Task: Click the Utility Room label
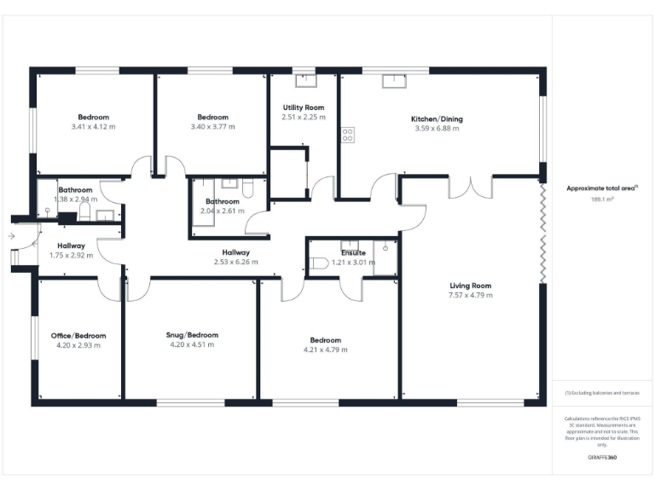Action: [304, 107]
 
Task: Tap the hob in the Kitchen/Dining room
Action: [347, 135]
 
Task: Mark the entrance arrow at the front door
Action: [10, 236]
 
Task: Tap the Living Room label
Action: [470, 286]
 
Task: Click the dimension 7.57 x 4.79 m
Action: [470, 295]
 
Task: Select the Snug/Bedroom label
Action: [192, 335]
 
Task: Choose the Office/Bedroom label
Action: [78, 335]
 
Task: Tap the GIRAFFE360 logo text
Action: [601, 458]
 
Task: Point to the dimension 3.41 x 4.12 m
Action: [94, 126]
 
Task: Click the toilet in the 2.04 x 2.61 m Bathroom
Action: [248, 188]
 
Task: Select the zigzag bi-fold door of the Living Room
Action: [542, 230]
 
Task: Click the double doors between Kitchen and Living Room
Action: [470, 186]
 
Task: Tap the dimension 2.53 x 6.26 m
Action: [235, 262]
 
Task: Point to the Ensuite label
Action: [353, 253]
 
